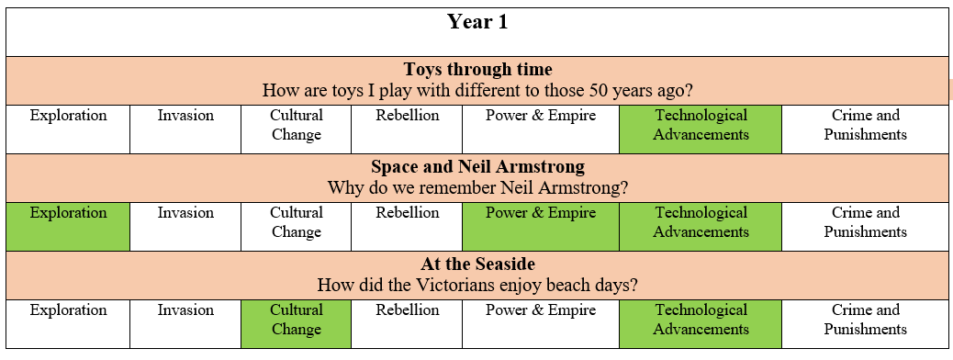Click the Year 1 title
[x=477, y=22]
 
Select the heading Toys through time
[x=477, y=69]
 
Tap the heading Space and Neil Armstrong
[x=477, y=166]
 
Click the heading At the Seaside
[x=477, y=264]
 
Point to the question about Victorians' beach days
[x=477, y=285]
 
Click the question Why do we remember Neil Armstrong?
[x=477, y=187]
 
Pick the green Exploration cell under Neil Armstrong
[x=68, y=227]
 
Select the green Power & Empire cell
[x=541, y=227]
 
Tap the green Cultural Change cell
[x=296, y=324]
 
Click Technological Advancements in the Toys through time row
[x=701, y=129]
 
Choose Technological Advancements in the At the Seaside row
[x=701, y=324]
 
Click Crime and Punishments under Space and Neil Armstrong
[x=866, y=222]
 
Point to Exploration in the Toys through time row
[x=68, y=116]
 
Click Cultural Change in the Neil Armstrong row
[x=296, y=222]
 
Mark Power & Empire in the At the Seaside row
[x=541, y=310]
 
